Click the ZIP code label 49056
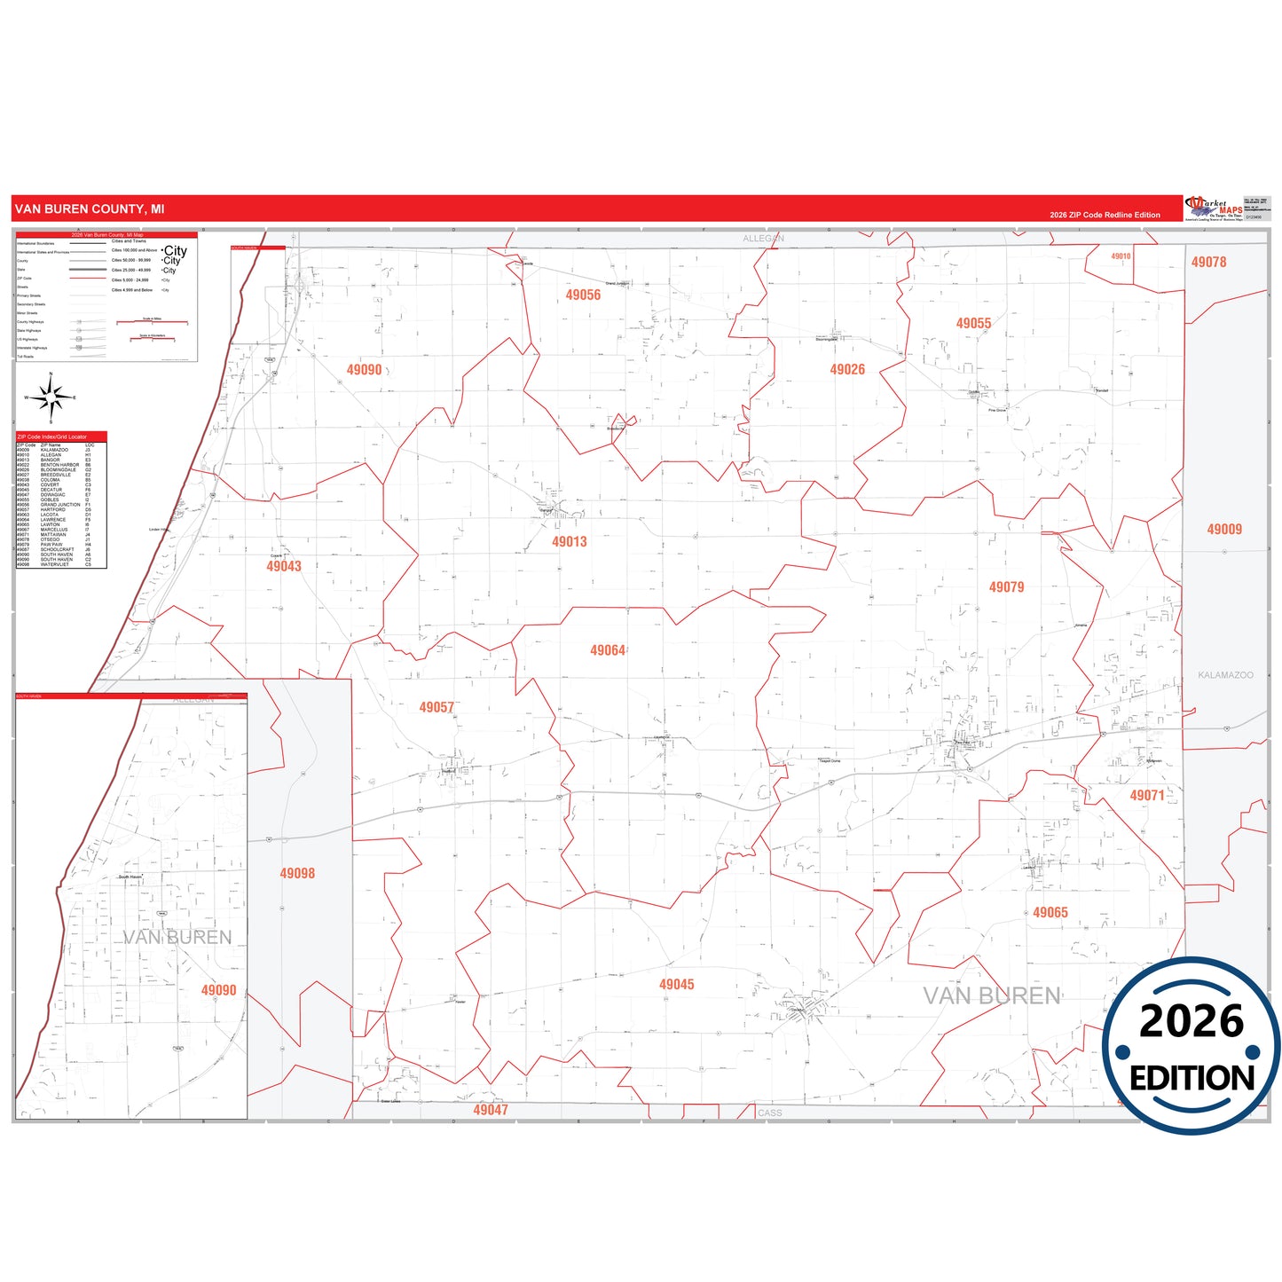pos(583,295)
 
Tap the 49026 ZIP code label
pos(847,369)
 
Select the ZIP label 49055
pos(973,323)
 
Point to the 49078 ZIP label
pos(1208,262)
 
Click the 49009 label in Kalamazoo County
pos(1224,529)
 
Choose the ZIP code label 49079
pos(1006,586)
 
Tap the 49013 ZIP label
pos(569,541)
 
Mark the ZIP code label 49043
pos(284,565)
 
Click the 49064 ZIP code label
pos(608,650)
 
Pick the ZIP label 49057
pos(437,707)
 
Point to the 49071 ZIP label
pos(1146,795)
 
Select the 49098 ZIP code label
pos(297,873)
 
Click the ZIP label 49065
pos(1050,912)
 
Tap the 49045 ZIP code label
pos(676,984)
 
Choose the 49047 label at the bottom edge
pos(491,1110)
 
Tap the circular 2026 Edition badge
pos(1192,1046)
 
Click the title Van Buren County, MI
pos(90,209)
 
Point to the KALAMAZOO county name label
pos(1225,675)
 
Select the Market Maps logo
pos(1215,208)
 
